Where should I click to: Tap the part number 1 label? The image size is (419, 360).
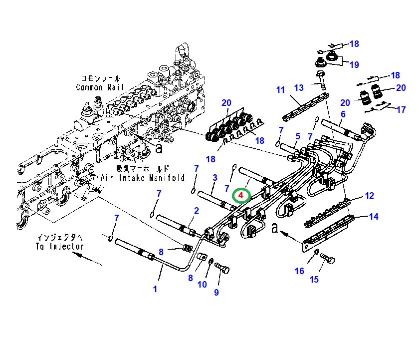click(155, 289)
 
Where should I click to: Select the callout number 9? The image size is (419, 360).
click(216, 293)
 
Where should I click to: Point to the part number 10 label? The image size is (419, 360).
click(202, 285)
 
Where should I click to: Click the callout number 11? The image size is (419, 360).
click(280, 90)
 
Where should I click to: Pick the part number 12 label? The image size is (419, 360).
click(369, 196)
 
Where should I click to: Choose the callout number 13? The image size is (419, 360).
click(298, 88)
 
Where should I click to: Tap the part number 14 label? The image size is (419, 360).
click(374, 216)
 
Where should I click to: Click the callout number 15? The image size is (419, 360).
click(314, 279)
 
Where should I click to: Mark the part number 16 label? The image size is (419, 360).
click(299, 271)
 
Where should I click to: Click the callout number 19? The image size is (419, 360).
click(354, 64)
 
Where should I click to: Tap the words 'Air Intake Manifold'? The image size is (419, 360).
click(143, 178)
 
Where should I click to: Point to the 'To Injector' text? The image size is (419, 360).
click(59, 246)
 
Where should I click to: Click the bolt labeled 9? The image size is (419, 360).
click(222, 270)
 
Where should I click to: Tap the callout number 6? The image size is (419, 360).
click(343, 114)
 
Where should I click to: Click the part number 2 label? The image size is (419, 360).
click(197, 211)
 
